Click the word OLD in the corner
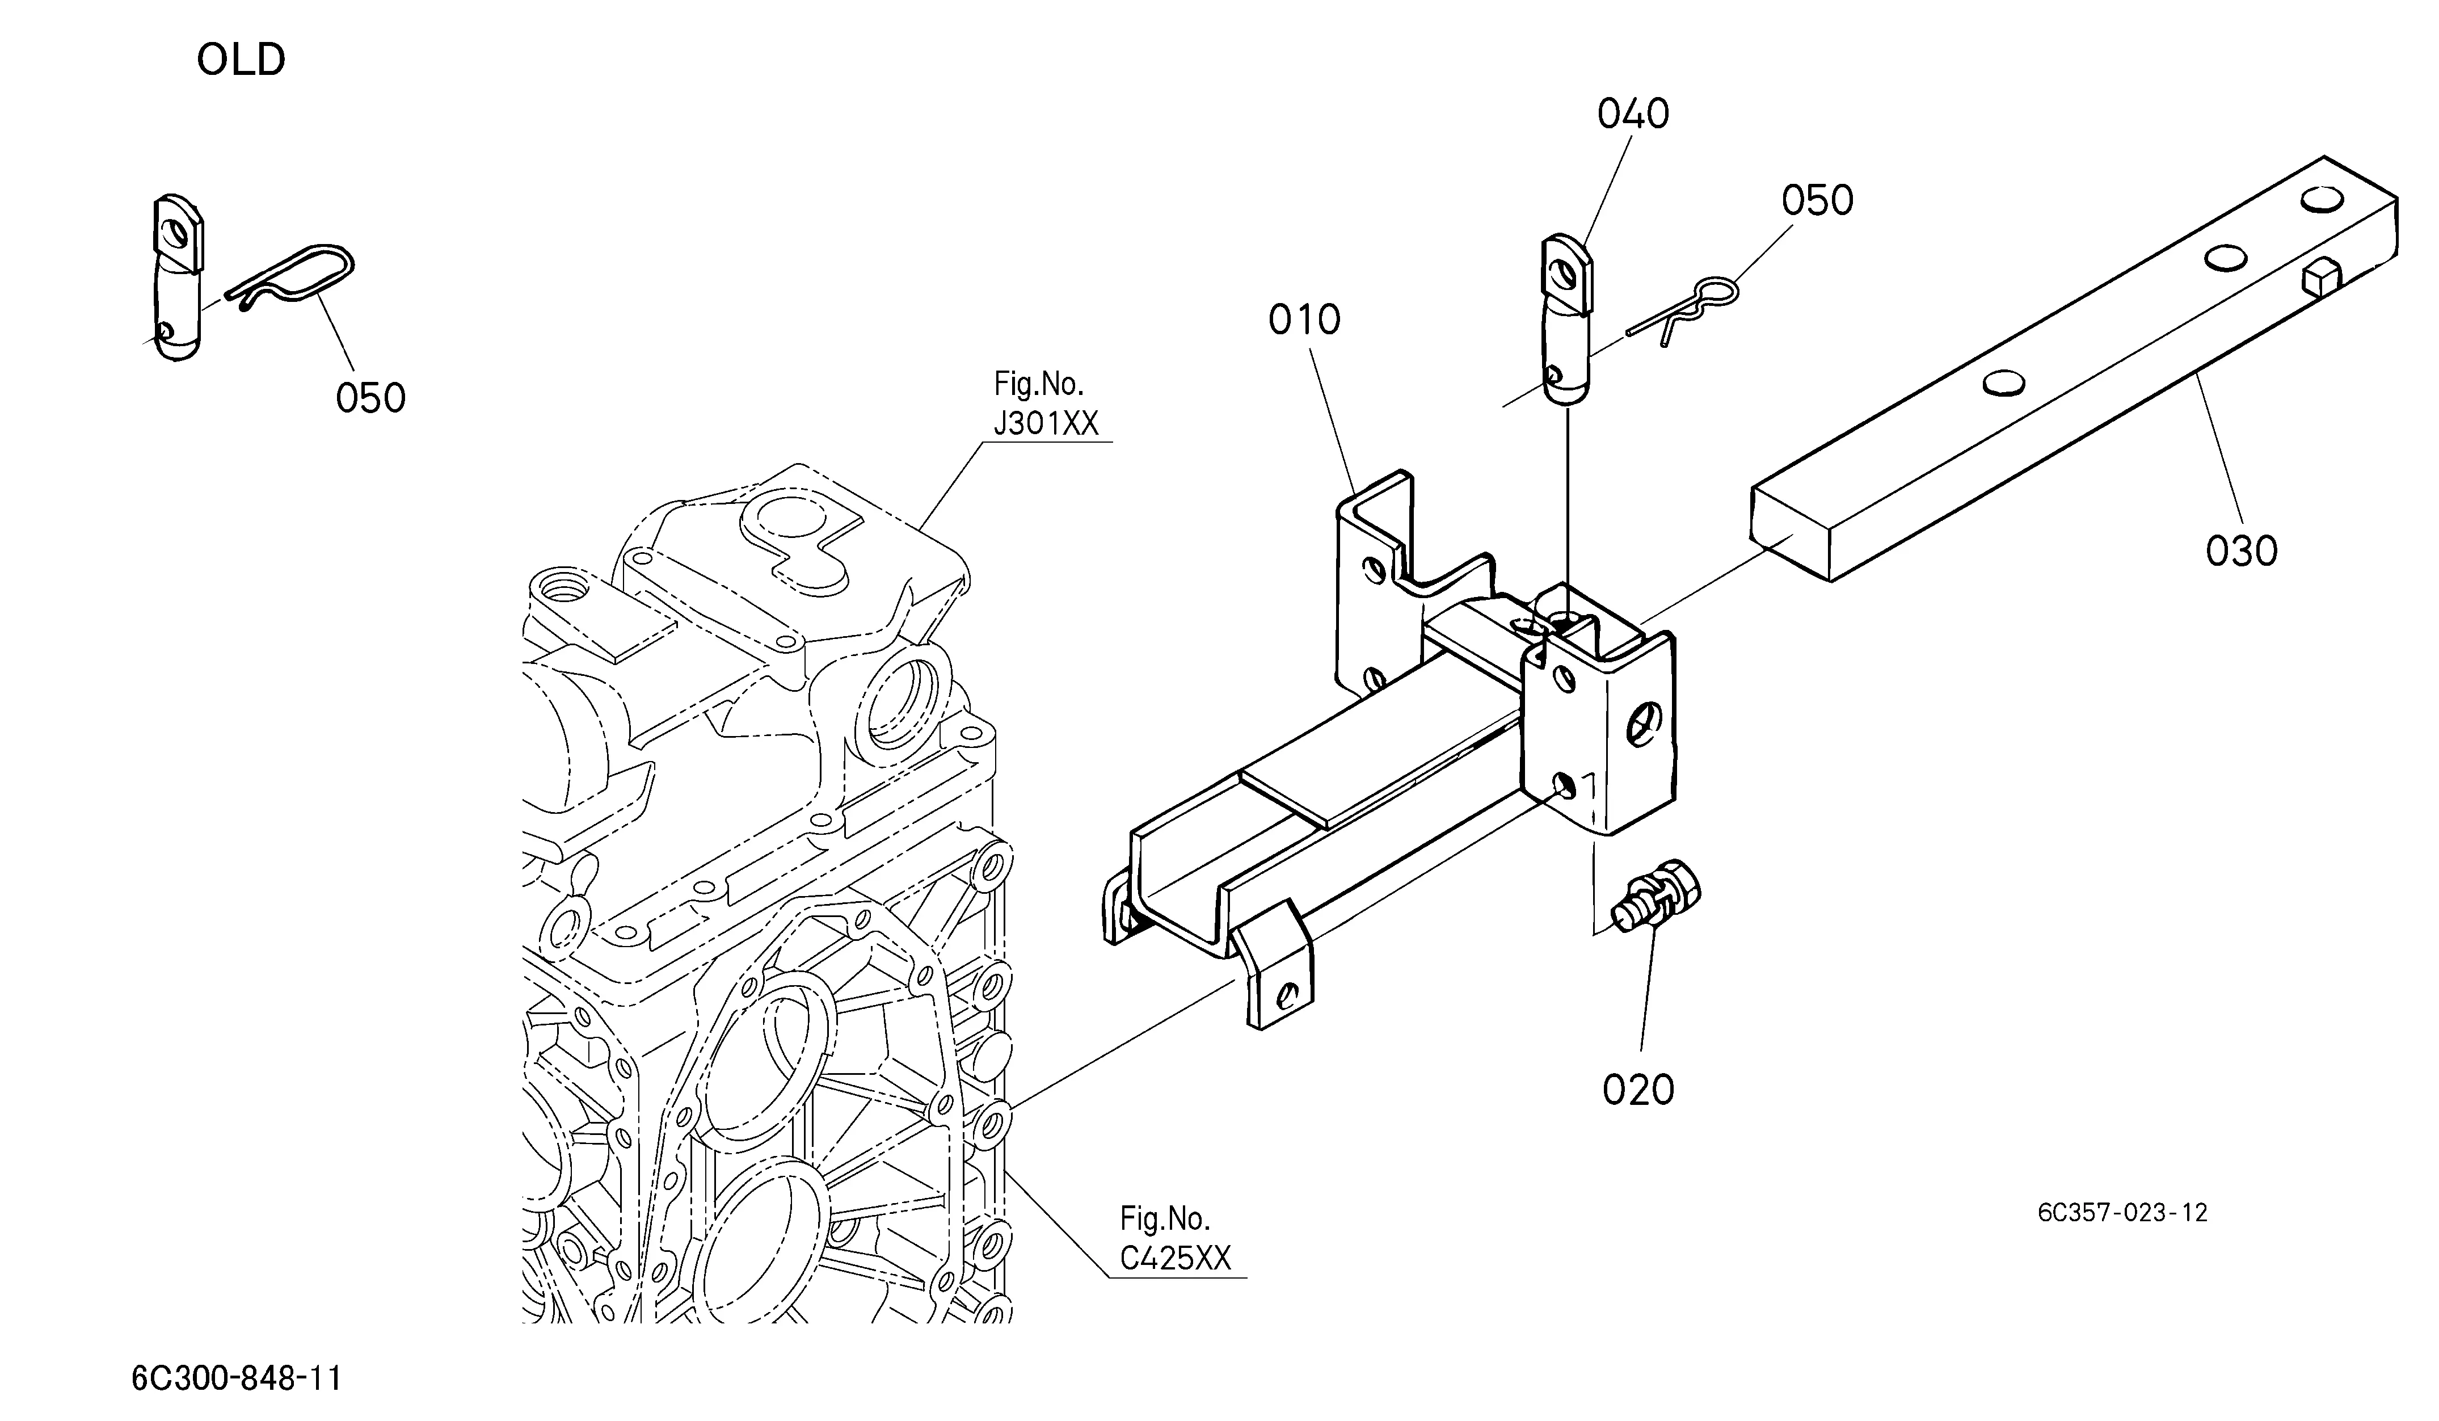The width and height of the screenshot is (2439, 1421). point(241,60)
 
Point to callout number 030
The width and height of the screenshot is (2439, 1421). point(2242,552)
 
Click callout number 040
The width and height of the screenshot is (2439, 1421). point(1633,114)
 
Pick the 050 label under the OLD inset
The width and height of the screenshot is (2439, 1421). point(370,398)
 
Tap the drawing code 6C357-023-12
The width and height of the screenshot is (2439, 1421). point(2122,1213)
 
